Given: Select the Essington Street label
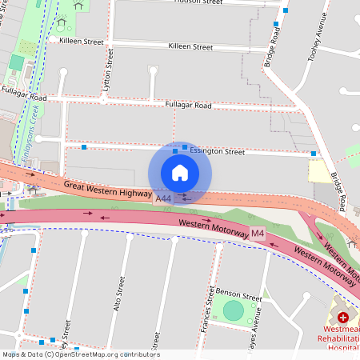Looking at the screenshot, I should (x=217, y=150).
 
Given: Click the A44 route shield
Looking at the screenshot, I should (x=164, y=198).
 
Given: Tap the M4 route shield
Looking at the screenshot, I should (x=257, y=234).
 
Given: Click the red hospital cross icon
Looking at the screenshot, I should (x=343, y=318).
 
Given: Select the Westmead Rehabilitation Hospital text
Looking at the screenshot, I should (x=341, y=341).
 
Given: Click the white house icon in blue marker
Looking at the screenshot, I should (x=180, y=173).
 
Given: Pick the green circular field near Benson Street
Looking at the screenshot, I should (x=233, y=311).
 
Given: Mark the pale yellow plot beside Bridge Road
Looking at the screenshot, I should (x=318, y=170).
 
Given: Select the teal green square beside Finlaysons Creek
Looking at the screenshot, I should (x=16, y=62).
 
